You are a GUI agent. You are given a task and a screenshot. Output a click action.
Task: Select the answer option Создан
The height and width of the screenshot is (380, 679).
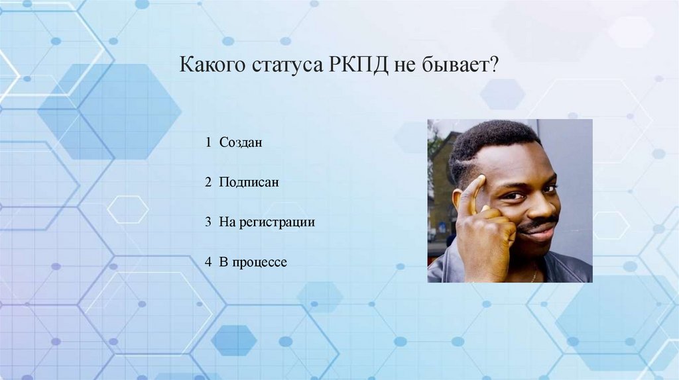[x=241, y=142]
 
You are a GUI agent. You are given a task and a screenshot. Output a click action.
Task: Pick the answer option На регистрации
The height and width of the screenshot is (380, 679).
[x=267, y=222]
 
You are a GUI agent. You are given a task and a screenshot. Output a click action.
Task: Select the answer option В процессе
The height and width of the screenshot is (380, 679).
[x=253, y=262]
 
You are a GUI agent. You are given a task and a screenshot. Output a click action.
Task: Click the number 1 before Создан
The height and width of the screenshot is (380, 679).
[x=208, y=142]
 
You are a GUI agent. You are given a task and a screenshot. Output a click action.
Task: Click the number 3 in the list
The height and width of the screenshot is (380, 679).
[x=208, y=222]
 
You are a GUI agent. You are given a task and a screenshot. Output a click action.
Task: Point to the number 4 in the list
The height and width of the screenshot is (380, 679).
[x=208, y=262]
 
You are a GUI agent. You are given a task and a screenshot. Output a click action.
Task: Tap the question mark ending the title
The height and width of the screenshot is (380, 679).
[x=494, y=67]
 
